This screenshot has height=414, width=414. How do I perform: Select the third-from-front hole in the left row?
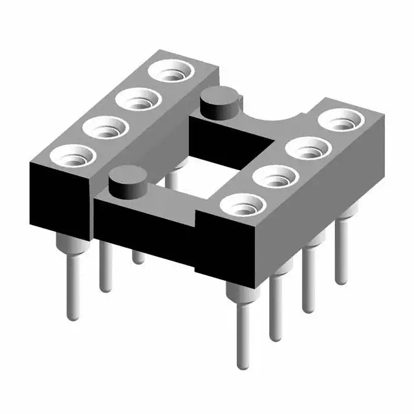point(137,100)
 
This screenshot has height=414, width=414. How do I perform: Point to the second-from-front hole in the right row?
point(274,176)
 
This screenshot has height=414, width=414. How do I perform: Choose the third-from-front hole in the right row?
point(305,148)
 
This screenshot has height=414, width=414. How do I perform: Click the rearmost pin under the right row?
point(340,252)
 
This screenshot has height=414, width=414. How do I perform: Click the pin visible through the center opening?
point(173,176)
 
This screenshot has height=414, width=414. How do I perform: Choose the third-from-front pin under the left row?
point(138,256)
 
